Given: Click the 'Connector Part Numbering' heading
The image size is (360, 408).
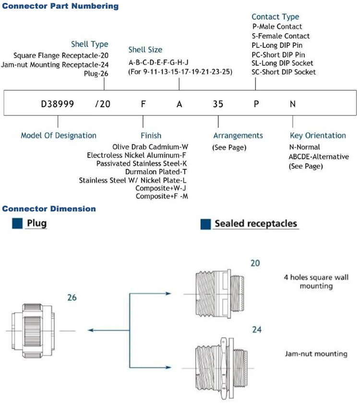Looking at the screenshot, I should click(60, 6).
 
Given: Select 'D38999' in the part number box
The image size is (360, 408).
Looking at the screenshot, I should click(58, 103).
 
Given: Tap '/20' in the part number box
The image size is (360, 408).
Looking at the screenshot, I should click(103, 103).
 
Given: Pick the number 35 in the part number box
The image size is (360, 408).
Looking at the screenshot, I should click(218, 103).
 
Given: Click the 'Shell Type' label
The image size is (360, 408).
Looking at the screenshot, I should click(90, 44).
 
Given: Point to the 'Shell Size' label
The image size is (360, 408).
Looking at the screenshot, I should click(145, 49).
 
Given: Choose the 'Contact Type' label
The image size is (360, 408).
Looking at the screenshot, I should click(275, 17).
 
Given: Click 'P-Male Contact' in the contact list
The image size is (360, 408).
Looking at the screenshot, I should click(277, 27).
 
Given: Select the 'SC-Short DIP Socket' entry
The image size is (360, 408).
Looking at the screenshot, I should click(283, 72).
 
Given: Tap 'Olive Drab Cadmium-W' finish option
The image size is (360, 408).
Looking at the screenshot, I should click(150, 146).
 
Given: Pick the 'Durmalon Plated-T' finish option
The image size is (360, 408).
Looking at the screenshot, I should click(156, 171).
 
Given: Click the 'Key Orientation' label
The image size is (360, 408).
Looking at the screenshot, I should click(318, 136).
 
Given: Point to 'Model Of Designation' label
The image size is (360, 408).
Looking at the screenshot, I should click(59, 136).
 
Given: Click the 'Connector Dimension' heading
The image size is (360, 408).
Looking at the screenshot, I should click(49, 209).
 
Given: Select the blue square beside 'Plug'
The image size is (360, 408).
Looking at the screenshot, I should click(18, 223).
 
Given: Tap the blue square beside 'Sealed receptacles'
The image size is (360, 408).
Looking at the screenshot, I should click(205, 224).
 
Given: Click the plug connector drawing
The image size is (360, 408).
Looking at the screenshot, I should click(30, 330).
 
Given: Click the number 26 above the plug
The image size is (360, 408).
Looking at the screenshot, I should click(72, 298).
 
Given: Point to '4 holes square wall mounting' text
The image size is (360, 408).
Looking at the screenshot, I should click(316, 282).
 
